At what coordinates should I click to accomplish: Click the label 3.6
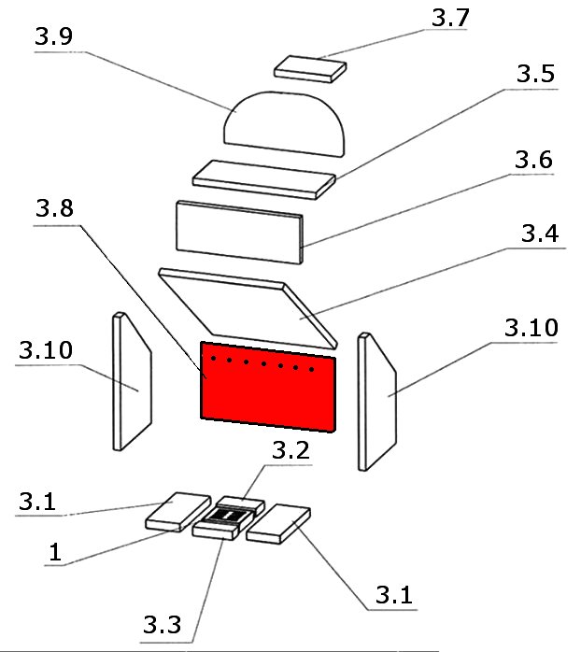[x=533, y=161]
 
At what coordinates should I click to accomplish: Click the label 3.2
[x=290, y=450]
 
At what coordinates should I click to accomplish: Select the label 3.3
[x=163, y=623]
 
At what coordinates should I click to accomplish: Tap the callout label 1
[x=56, y=552]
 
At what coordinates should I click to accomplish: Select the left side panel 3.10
[x=131, y=383]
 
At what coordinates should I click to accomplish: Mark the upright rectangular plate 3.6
[x=240, y=230]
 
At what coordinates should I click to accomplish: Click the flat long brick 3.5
[x=265, y=176]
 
